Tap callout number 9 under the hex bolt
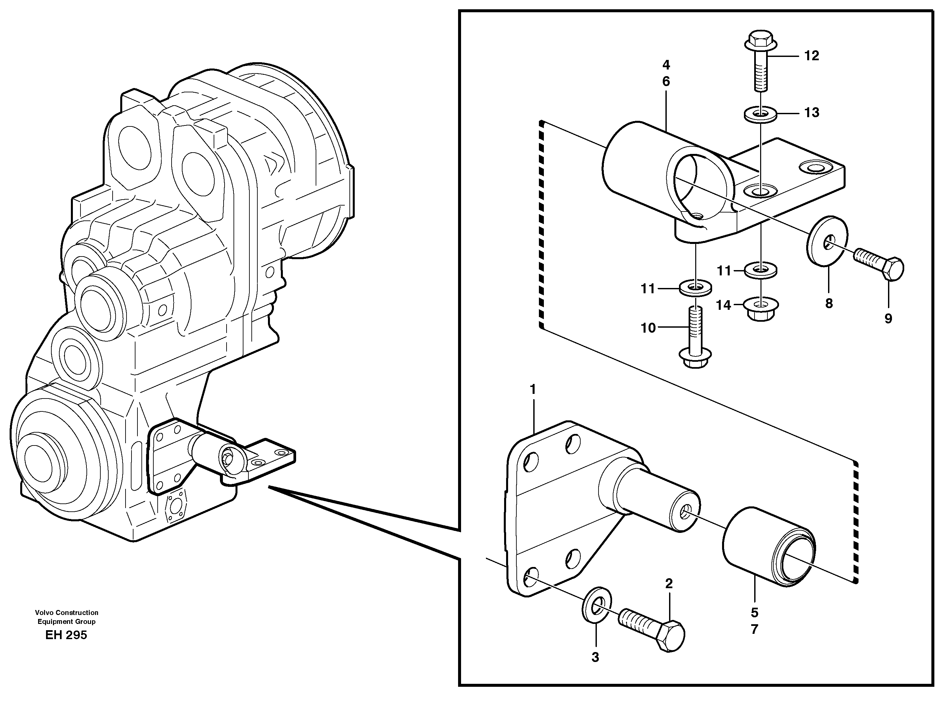[888, 318]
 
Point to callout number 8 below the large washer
[829, 303]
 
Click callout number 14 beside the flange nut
[723, 305]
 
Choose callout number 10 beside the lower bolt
[648, 328]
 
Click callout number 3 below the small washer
[595, 657]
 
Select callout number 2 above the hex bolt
[669, 584]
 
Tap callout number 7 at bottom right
[754, 629]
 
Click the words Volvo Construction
[67, 612]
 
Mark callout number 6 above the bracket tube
[665, 81]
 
